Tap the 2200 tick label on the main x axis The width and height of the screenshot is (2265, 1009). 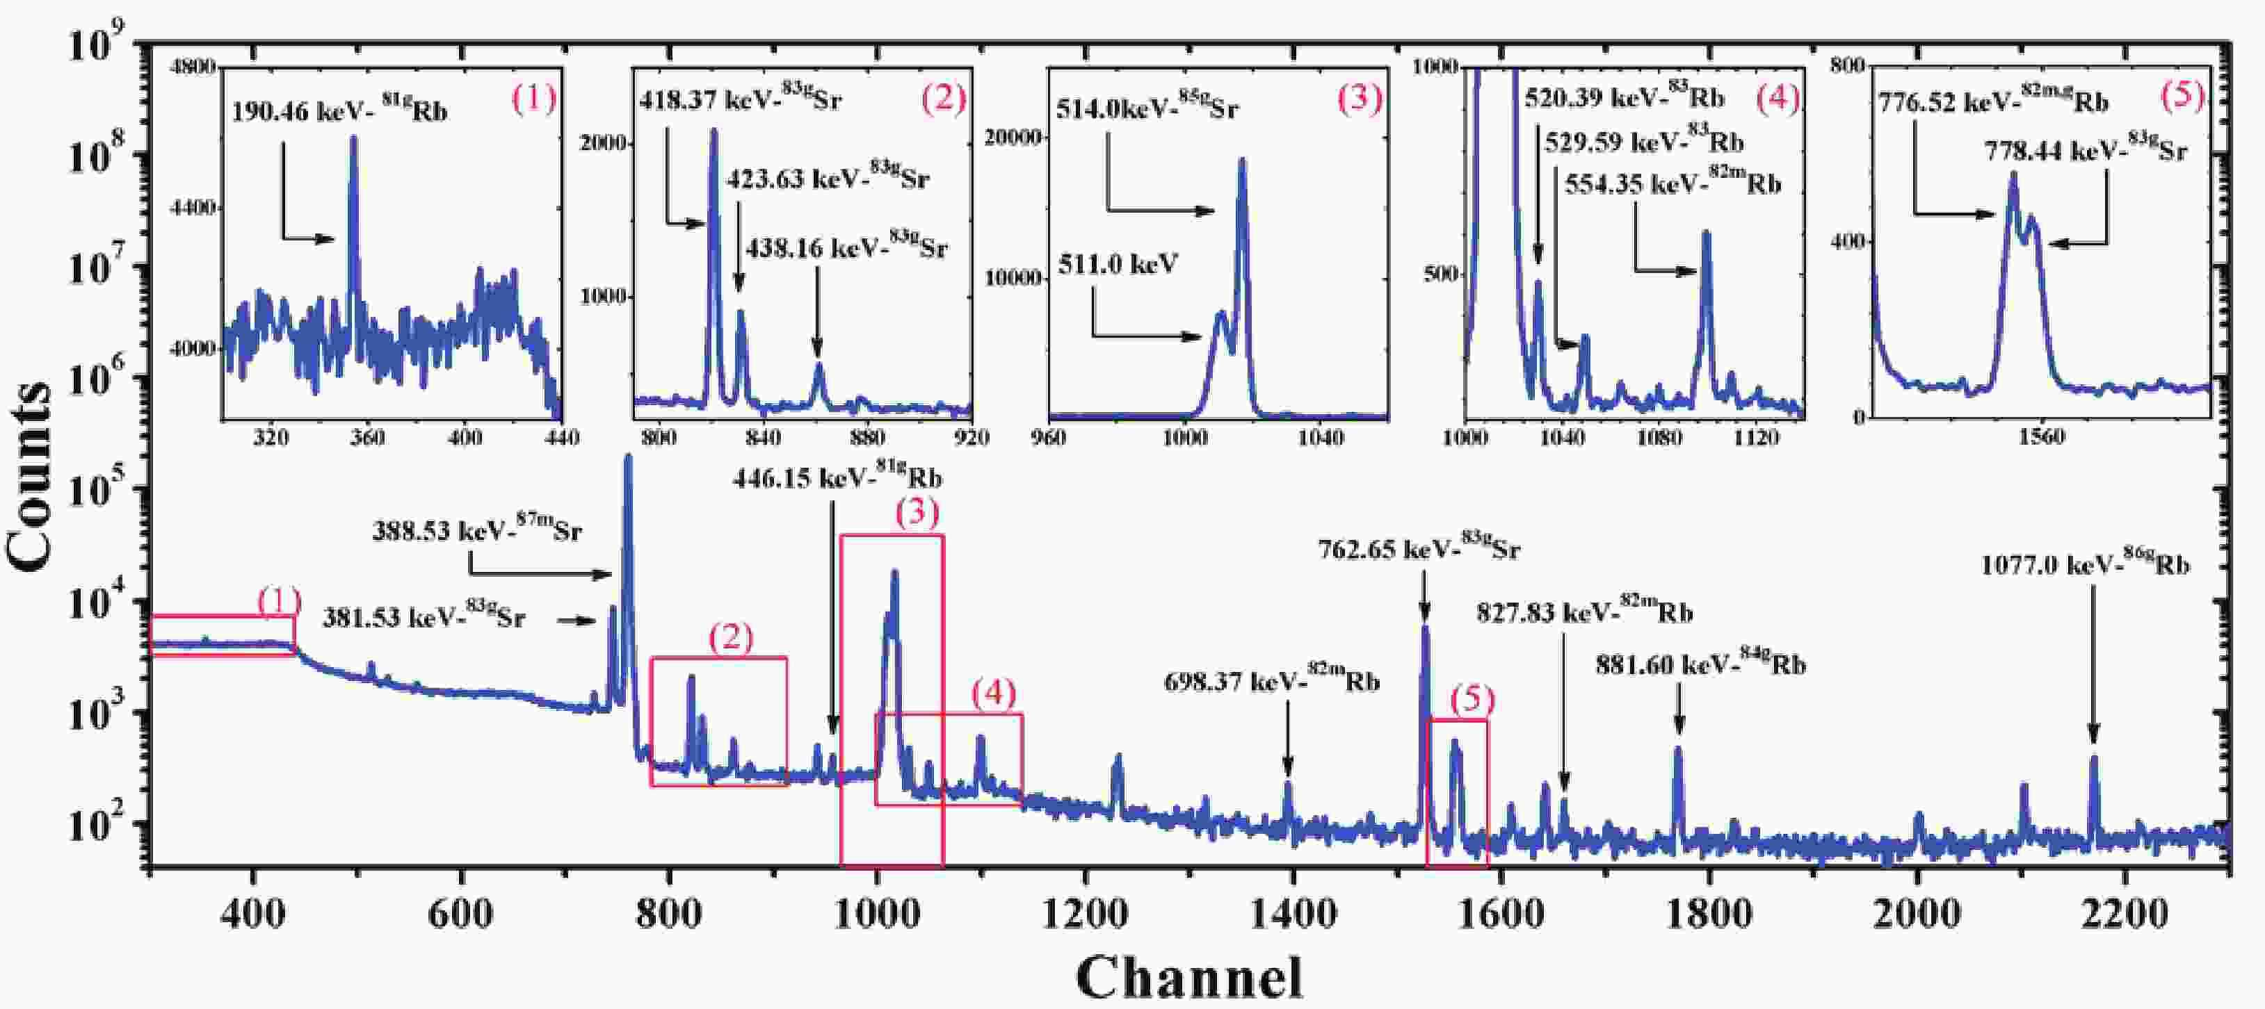(2125, 914)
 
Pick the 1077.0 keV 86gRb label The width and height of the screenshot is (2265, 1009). (2085, 565)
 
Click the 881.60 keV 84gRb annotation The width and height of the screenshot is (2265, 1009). (1700, 665)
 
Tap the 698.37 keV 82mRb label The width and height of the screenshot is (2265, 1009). (1271, 681)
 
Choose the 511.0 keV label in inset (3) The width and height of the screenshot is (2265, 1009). (1118, 263)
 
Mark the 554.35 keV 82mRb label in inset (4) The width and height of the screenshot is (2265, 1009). (1672, 185)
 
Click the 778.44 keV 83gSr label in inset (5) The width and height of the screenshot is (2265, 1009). (2085, 151)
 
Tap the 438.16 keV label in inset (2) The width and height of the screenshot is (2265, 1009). (846, 249)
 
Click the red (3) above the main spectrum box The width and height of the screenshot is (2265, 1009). (917, 514)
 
